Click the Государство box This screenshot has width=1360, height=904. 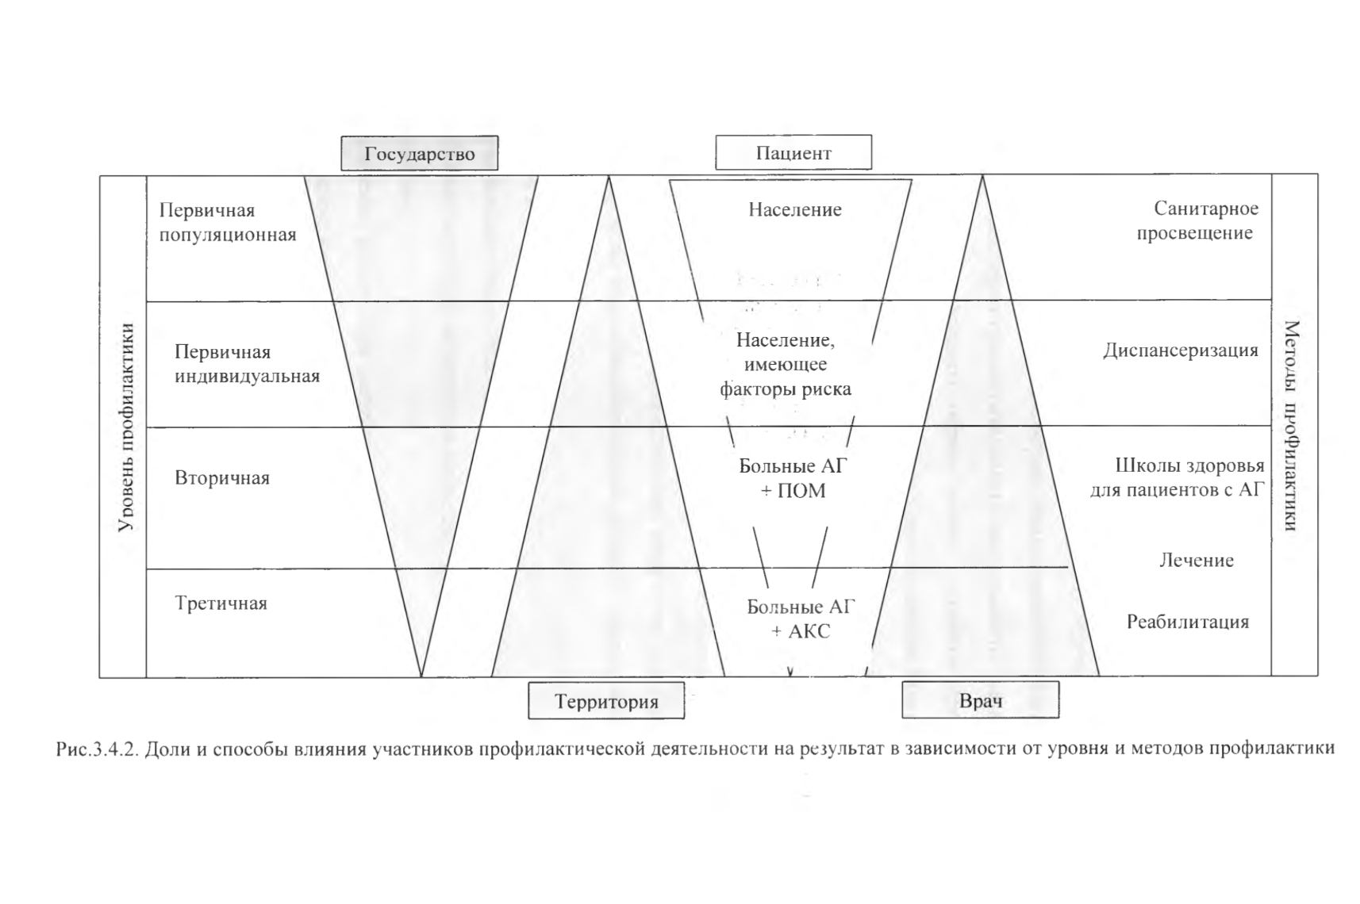coord(420,153)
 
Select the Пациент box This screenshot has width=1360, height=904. coord(793,152)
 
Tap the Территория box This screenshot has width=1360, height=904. coord(606,701)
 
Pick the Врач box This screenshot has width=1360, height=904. coord(981,700)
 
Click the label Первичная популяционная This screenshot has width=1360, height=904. coord(228,222)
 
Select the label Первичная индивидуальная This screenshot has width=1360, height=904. coord(247,363)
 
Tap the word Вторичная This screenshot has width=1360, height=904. coord(222,477)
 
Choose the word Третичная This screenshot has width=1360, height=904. coord(221,603)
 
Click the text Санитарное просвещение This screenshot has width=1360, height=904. coord(1197,220)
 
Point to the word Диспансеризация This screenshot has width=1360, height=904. coord(1181,350)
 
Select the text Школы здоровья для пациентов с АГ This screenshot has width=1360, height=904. coord(1178,477)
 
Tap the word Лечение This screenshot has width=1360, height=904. coord(1197,559)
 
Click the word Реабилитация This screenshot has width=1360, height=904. coord(1188,621)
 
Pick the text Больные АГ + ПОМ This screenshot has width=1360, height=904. coord(793,478)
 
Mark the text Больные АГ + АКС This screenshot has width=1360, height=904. coord(801,619)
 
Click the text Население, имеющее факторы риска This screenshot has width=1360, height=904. coord(786,364)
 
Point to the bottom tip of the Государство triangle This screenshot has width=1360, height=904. coord(421,676)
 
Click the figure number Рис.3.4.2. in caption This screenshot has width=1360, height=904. coord(98,749)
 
